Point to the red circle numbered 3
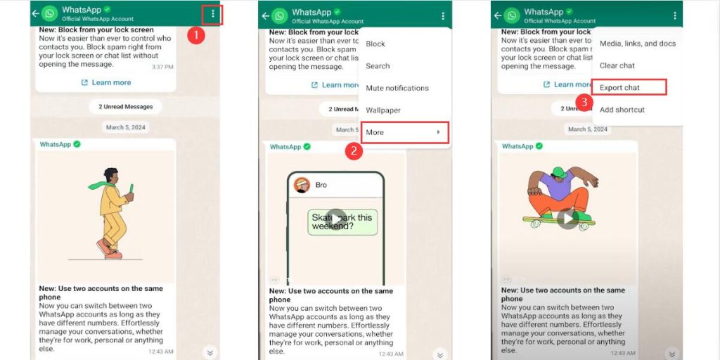[x=583, y=102]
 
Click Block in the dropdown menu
[x=375, y=44]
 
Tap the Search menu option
[x=378, y=66]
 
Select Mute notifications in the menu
[x=397, y=88]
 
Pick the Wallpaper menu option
[x=383, y=110]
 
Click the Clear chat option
[x=617, y=65]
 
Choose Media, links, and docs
[x=637, y=44]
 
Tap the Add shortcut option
[x=622, y=110]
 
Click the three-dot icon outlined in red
[x=212, y=15]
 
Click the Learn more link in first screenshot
[x=106, y=82]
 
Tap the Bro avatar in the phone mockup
[x=302, y=185]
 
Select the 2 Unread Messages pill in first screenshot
[x=126, y=106]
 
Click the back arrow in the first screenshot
[x=35, y=14]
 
